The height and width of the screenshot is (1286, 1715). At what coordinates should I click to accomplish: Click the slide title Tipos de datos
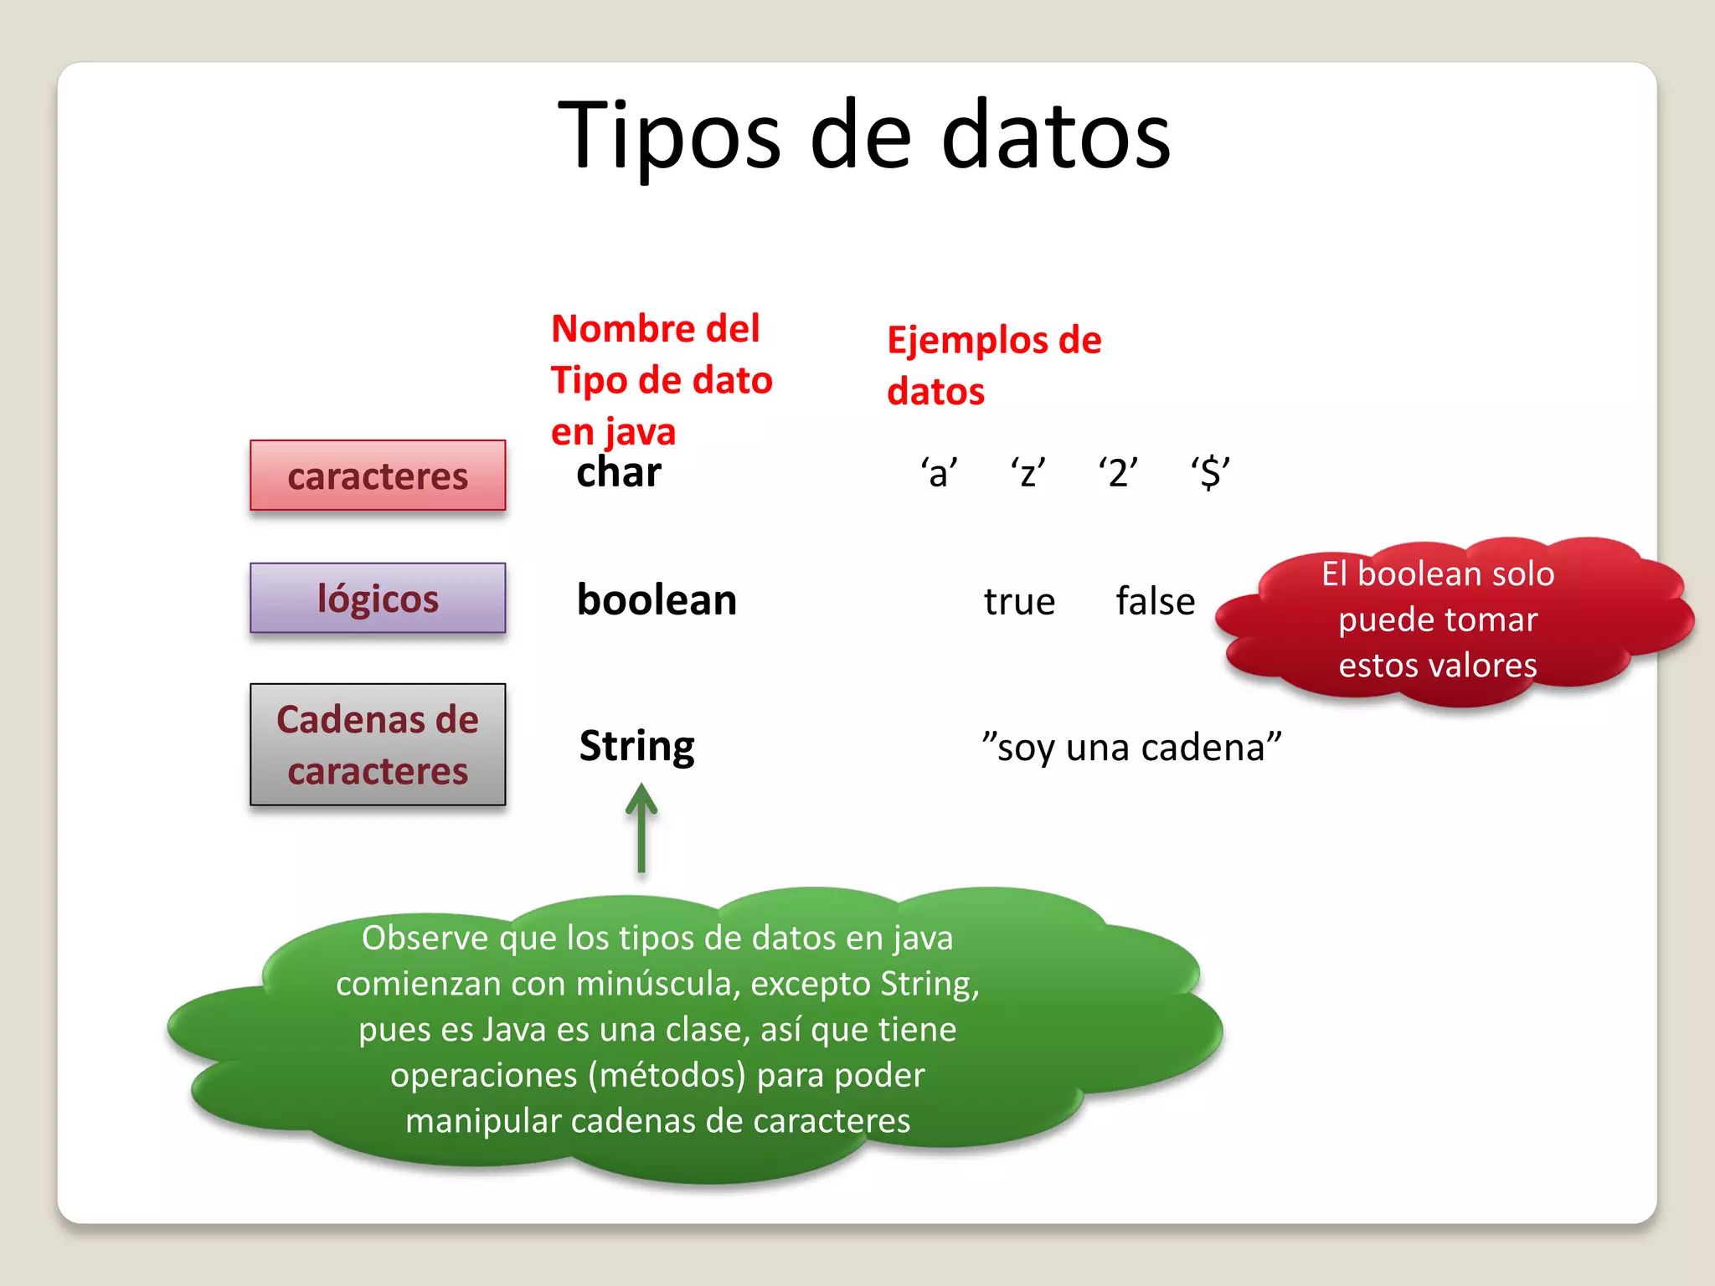pos(863,136)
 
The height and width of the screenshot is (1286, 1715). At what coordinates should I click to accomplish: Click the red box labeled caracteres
pos(378,476)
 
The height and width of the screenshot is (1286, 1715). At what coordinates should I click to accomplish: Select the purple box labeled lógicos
pos(378,598)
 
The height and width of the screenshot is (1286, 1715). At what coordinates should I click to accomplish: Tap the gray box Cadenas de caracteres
pos(378,744)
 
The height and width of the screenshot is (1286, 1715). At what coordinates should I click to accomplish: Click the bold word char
pos(619,472)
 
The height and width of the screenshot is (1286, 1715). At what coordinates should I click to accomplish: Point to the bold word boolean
pos(657,599)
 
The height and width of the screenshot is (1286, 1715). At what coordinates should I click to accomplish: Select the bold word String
pos(636,745)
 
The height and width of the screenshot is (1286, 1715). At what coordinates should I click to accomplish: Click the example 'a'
pos(939,473)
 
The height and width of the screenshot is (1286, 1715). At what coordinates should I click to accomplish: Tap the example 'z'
pos(1027,473)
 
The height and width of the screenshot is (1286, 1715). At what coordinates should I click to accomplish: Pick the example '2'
pos(1118,473)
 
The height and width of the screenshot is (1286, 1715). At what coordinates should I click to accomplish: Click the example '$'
pos(1210,473)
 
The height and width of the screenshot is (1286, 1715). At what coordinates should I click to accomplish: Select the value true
pos(1019,601)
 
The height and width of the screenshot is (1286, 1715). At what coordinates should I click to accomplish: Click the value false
pos(1155,601)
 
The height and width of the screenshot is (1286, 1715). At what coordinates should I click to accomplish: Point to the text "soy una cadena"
pos(1131,747)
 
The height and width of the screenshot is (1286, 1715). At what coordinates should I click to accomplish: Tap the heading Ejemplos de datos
pos(993,365)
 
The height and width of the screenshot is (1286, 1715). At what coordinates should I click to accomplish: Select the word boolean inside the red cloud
pos(1415,574)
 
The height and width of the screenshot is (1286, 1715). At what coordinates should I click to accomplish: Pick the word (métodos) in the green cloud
pos(667,1075)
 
